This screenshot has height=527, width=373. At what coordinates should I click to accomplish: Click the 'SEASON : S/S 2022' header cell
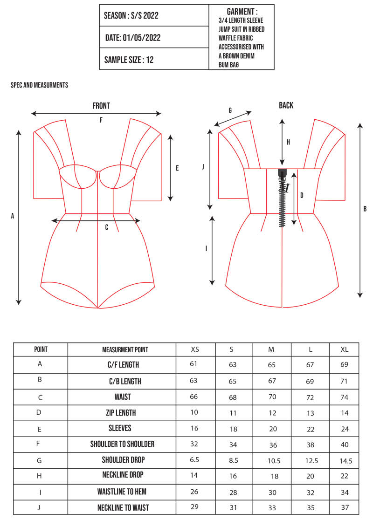pos(131,15)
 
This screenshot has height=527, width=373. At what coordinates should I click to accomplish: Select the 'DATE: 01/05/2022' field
pos(132,38)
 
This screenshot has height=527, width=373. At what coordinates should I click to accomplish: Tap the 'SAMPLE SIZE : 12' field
pos(129,59)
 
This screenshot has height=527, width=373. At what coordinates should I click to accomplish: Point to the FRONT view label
pos(101,106)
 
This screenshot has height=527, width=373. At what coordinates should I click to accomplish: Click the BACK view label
pos(286,105)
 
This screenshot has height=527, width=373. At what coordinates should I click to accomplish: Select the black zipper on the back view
pos(282,200)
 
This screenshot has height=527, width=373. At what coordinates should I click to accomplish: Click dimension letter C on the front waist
pos(107,227)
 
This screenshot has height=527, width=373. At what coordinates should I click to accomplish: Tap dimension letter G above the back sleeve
pos(230,110)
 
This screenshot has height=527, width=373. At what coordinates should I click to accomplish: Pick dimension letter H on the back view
pos(288,143)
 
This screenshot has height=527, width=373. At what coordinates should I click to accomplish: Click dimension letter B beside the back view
pos(365,209)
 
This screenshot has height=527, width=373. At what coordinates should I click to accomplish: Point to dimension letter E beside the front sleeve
pos(177,168)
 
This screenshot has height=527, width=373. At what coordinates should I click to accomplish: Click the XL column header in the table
pos(344,349)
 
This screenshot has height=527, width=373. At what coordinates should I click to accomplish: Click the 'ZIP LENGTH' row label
pos(122,412)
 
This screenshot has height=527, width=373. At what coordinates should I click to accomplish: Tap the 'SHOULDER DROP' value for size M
pos(272,460)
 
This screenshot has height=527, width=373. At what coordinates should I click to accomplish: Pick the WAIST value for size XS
pos(194,397)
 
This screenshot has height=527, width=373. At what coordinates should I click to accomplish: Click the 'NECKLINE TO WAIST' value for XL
pos(344,507)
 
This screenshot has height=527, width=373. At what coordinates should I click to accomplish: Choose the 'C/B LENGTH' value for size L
pos(310,381)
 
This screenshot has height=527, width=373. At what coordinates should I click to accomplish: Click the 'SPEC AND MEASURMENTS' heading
pos(40,85)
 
